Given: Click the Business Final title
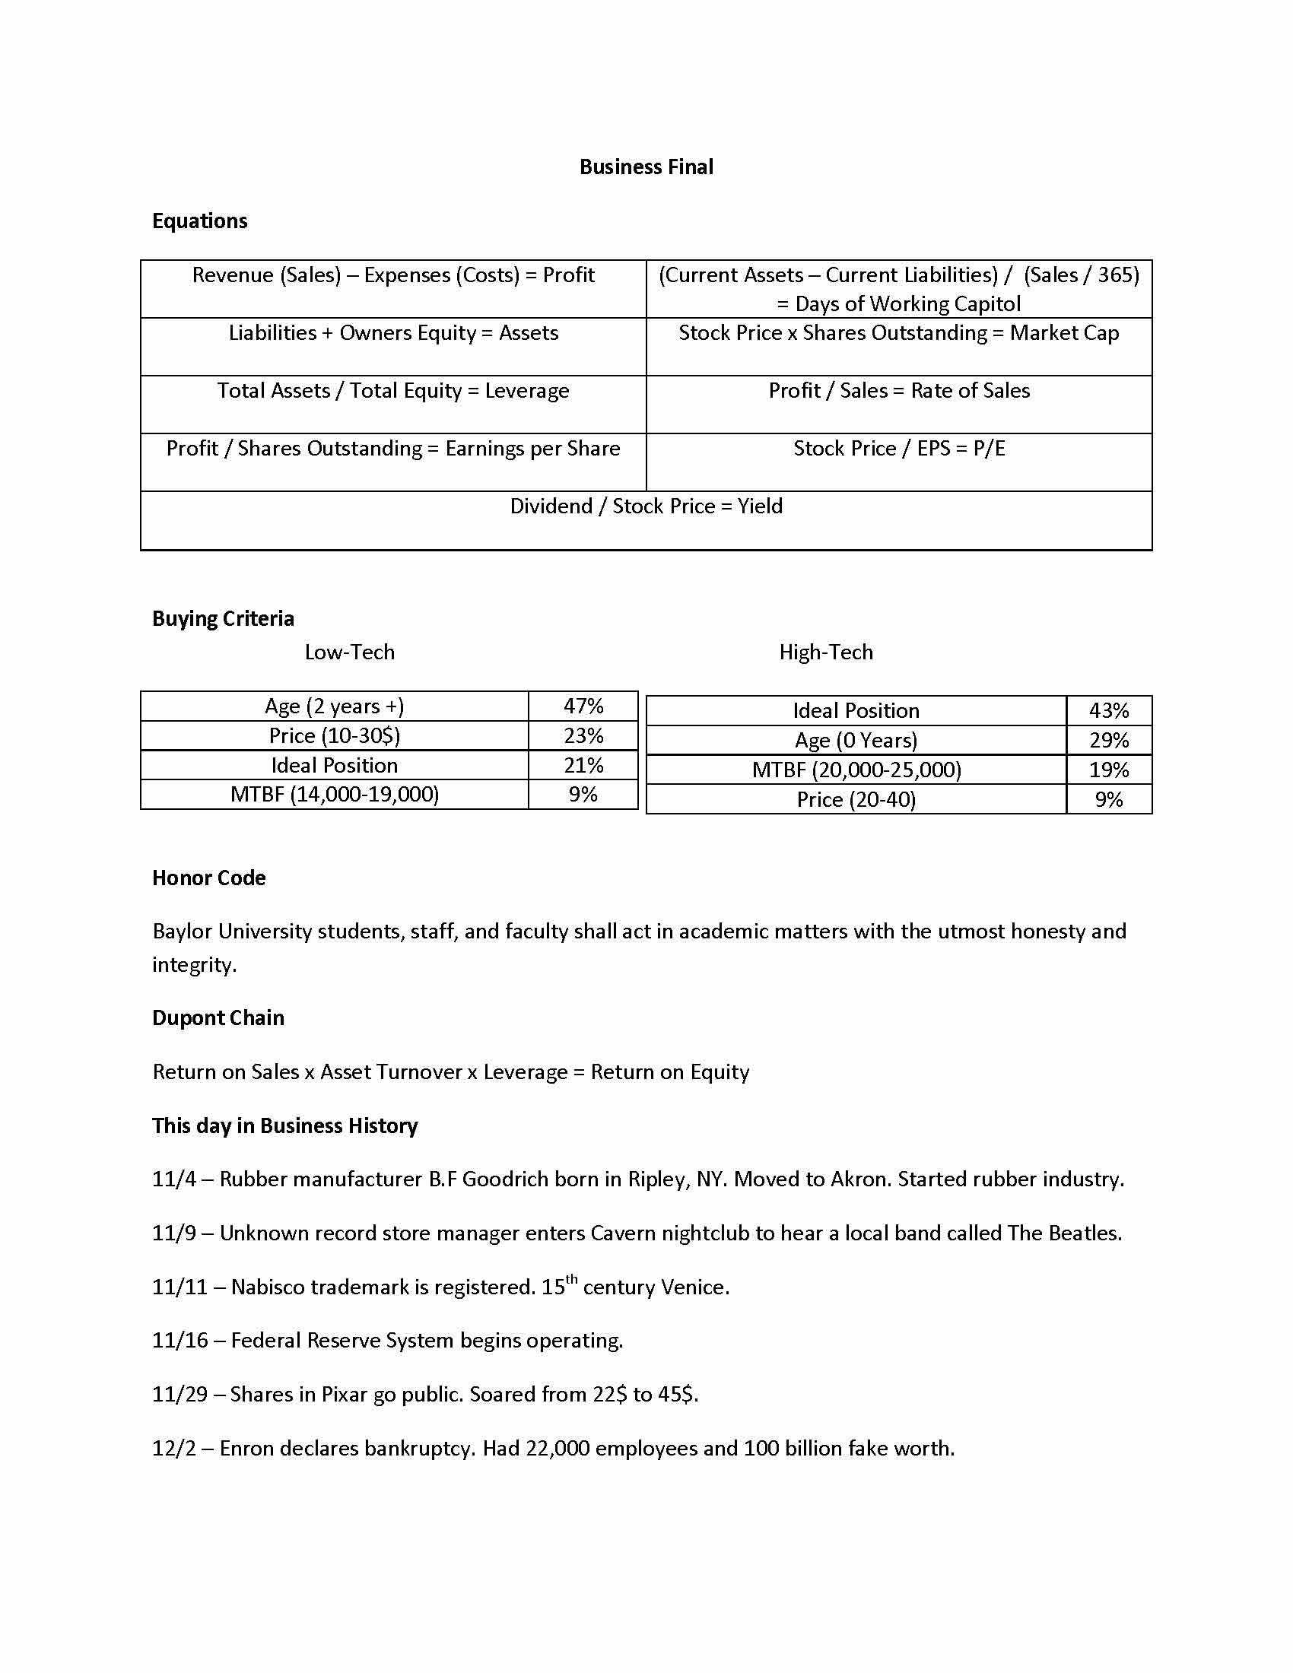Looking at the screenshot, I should tap(646, 167).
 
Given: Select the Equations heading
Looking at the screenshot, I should tap(199, 221).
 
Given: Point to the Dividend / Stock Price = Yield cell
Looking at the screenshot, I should tap(646, 506).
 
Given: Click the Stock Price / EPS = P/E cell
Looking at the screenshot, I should tap(898, 448).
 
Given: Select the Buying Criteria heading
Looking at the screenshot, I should tap(223, 618).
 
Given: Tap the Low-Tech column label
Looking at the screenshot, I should tap(349, 652).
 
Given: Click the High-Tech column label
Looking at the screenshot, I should tap(826, 652).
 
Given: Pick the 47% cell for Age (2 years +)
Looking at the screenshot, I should tap(583, 706).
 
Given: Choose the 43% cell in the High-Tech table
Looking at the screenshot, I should tap(1108, 711).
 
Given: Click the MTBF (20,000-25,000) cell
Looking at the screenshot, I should tap(856, 770).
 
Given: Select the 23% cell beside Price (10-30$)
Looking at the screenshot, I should tap(583, 735).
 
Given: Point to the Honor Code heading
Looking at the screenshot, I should tap(208, 878).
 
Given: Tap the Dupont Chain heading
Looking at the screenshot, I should tap(218, 1018).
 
